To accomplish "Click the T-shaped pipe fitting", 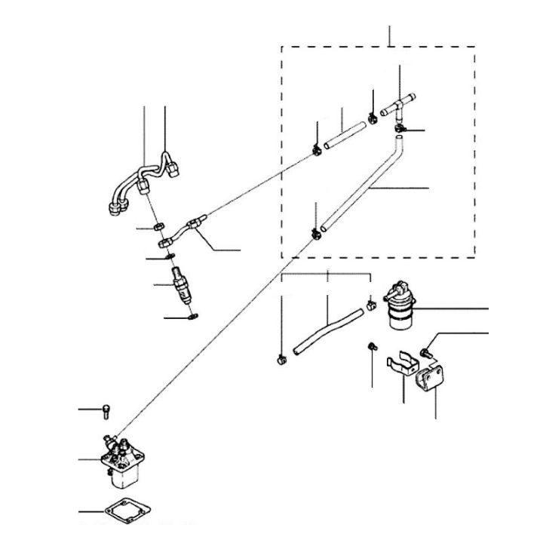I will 399,106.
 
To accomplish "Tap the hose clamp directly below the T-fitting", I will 400,130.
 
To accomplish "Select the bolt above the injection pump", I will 106,410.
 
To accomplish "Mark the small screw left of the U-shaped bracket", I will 371,346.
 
